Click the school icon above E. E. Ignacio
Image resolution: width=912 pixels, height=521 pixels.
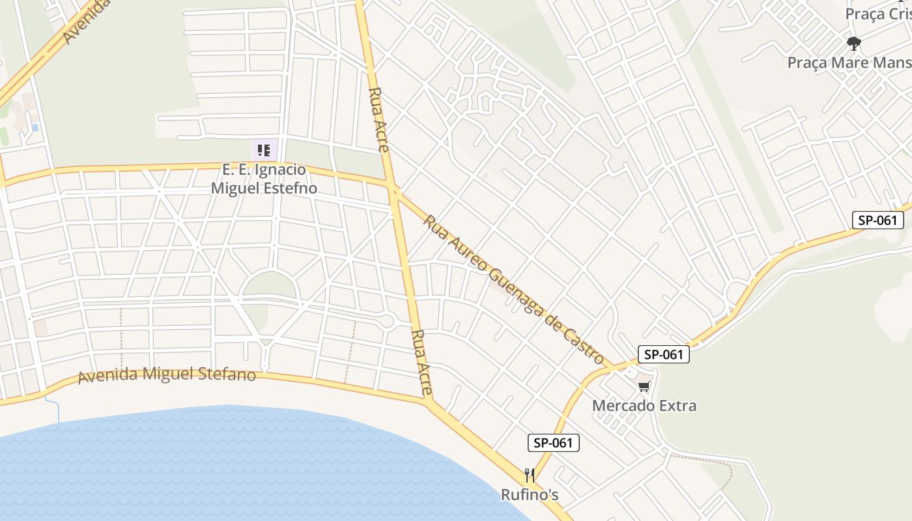click(x=264, y=151)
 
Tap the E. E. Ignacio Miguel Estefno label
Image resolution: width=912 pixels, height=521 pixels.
click(x=264, y=179)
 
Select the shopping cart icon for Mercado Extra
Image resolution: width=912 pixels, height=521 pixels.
click(x=644, y=387)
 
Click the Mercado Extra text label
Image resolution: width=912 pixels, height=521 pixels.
click(x=644, y=406)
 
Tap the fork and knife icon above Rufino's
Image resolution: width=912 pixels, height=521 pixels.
click(x=530, y=475)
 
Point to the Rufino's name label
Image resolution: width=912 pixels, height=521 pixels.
click(x=530, y=495)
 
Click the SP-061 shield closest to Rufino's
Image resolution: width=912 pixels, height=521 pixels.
click(x=553, y=444)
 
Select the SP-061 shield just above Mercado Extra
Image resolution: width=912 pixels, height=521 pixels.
click(x=663, y=354)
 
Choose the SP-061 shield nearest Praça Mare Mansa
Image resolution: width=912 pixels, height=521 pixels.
click(x=877, y=220)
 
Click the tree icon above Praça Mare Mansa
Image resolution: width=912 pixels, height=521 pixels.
click(x=853, y=44)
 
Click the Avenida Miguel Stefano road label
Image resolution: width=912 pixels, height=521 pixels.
click(x=167, y=375)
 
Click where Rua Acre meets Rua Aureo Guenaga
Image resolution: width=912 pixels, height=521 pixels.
click(x=395, y=190)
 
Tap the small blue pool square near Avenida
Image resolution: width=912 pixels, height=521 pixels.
click(x=35, y=128)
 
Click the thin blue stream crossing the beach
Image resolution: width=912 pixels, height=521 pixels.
click(x=57, y=410)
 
